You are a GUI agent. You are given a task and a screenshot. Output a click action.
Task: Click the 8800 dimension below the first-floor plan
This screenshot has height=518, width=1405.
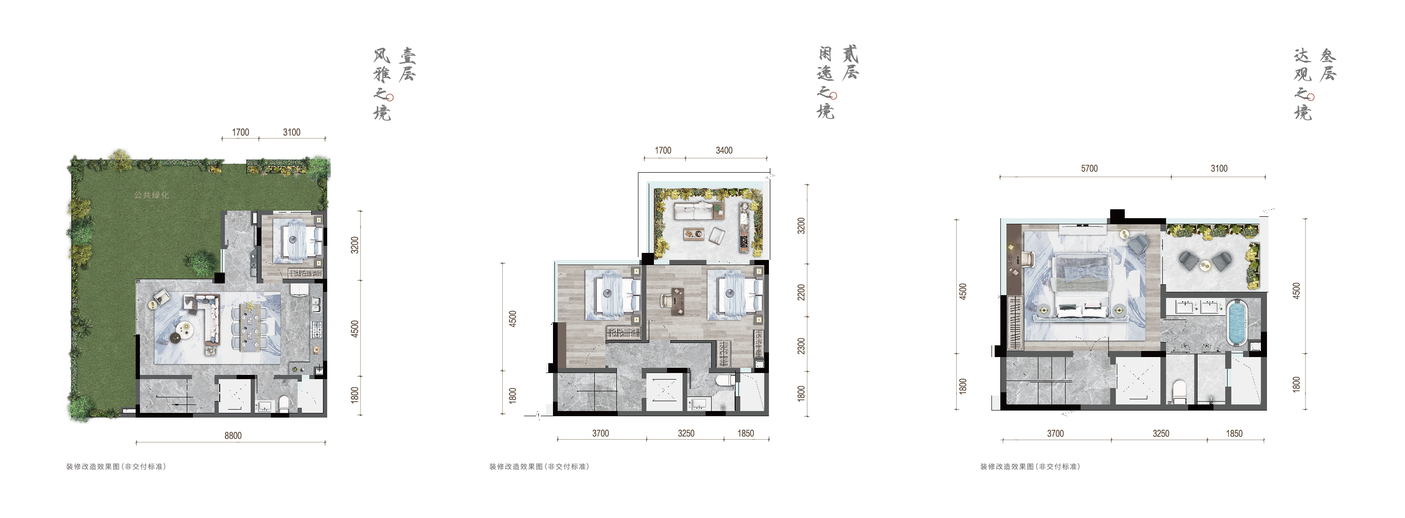[233, 435]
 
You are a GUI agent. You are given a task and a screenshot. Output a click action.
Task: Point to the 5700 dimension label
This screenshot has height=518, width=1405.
[1089, 168]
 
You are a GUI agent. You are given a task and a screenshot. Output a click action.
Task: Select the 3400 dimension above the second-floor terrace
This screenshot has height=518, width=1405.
[724, 151]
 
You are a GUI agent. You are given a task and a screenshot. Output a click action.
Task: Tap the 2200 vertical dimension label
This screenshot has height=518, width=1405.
[801, 292]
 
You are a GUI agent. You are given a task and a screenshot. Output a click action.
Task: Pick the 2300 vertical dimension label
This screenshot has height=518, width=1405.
[801, 346]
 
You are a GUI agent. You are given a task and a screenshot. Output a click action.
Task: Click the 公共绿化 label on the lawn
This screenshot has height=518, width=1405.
[151, 195]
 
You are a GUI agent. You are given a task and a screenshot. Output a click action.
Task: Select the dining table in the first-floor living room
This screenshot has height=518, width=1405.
[251, 326]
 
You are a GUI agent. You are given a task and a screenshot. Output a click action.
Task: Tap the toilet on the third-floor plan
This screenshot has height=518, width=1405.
[1179, 391]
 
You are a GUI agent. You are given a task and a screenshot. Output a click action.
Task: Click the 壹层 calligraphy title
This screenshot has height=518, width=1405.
[407, 65]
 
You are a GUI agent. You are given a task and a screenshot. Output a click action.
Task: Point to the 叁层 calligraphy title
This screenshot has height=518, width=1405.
[1328, 65]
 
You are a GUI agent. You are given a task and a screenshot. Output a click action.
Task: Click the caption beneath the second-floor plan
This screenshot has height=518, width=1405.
[539, 467]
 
